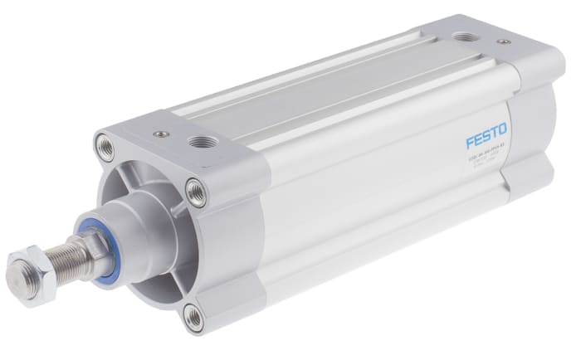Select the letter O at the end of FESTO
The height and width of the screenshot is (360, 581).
coord(505,128)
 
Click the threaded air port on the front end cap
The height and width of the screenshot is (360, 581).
coord(198,141)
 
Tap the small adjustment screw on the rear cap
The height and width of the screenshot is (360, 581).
coord(502,41)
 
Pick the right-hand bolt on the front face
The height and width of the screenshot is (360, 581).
coord(196,193)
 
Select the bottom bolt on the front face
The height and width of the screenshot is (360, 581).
coord(193,316)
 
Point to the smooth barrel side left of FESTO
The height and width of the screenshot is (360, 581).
coord(365,191)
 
